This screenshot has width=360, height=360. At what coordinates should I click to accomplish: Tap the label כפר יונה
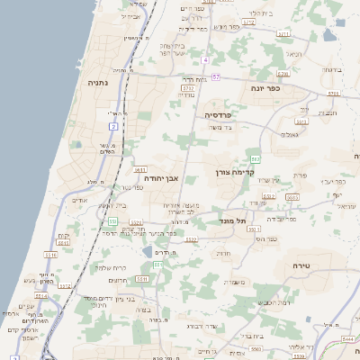coord(269,89)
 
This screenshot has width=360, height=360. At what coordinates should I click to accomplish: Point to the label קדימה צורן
coord(236,171)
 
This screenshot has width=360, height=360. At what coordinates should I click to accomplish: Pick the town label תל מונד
coord(232,220)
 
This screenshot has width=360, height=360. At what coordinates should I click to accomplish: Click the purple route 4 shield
coord(205,59)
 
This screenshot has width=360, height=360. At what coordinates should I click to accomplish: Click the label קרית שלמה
coord(109,267)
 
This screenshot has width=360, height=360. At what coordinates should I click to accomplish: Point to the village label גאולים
coord(290,134)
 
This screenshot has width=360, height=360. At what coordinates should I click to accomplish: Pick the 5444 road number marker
coord(347,338)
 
